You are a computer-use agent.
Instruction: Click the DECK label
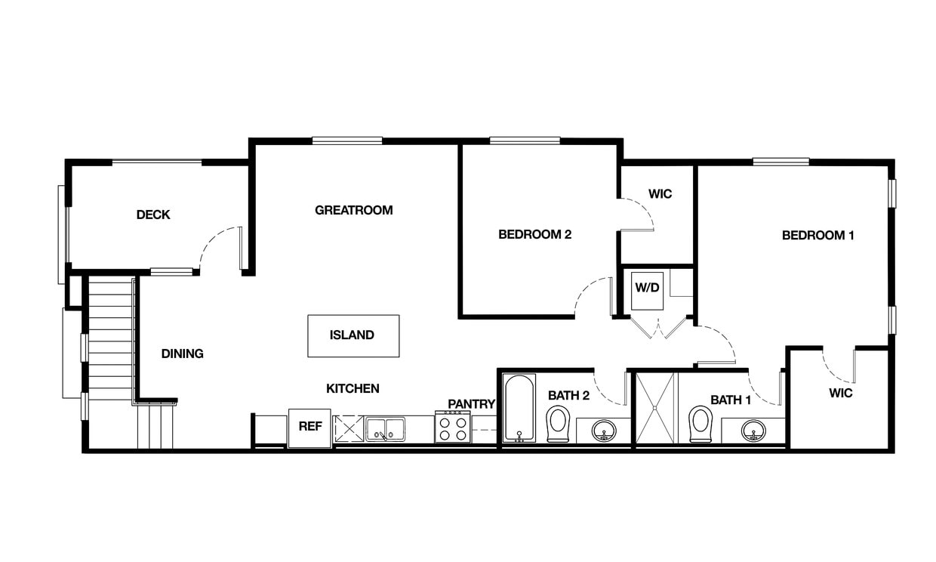point(153,215)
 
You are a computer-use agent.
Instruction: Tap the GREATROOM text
point(353,210)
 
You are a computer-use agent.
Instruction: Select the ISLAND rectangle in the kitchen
point(353,335)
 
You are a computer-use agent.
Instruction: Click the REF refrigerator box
point(309,428)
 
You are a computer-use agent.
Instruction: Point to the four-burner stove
point(452,428)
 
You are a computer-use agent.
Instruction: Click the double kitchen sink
point(385,429)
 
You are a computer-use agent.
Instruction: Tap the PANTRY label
point(471,404)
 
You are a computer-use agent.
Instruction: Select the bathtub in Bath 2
point(519,408)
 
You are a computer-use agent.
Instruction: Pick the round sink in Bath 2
point(603,431)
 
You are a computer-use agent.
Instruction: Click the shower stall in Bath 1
point(656,408)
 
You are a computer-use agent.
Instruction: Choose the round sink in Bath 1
point(753,431)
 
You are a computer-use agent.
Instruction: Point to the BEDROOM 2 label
point(534,234)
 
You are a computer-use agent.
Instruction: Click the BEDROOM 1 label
point(817,235)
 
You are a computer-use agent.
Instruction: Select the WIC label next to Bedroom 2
point(660,194)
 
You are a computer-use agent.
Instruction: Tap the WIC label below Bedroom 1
point(840,393)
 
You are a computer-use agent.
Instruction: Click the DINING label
point(182,354)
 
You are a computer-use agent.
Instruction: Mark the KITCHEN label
point(353,388)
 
